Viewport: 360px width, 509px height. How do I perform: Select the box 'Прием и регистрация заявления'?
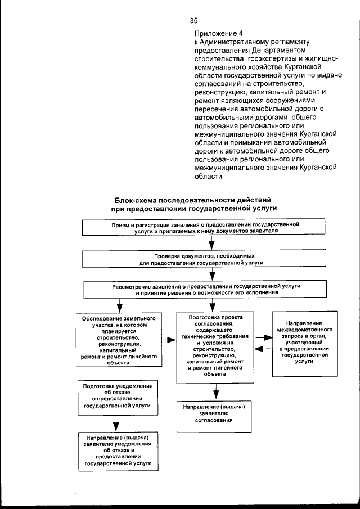tap(211, 228)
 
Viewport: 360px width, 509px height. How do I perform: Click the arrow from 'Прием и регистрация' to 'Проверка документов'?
tap(212, 243)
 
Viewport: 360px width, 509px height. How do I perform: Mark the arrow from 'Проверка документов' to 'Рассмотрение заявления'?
tap(212, 274)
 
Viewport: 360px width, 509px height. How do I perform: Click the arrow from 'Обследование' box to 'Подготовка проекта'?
tap(168, 339)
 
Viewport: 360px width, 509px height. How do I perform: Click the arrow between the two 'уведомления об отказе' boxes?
tap(117, 423)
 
